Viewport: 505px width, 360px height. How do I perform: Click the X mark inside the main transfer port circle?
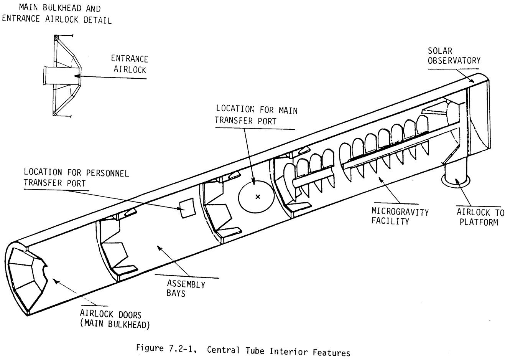(258, 197)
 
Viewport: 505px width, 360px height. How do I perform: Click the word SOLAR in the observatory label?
(440, 51)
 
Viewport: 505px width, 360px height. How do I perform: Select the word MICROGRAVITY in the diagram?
(400, 212)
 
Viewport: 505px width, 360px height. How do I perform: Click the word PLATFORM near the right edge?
(479, 222)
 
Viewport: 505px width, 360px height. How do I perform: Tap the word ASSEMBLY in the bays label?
(186, 284)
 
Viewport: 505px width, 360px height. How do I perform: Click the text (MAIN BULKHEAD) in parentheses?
(115, 324)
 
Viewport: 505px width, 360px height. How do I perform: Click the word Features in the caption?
(331, 352)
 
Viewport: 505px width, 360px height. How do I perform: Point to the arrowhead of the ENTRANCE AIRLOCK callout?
(77, 76)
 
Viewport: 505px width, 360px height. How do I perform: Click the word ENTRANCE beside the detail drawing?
(129, 59)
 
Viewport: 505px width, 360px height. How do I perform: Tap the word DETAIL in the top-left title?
(97, 20)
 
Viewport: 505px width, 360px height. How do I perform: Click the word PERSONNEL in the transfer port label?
(107, 173)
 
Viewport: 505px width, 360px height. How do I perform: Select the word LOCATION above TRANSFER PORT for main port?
(235, 109)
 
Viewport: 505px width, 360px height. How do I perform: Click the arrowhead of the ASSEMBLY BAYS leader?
(159, 248)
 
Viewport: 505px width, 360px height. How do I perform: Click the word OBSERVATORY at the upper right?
(454, 61)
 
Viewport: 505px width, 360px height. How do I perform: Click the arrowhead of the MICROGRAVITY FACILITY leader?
(380, 179)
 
